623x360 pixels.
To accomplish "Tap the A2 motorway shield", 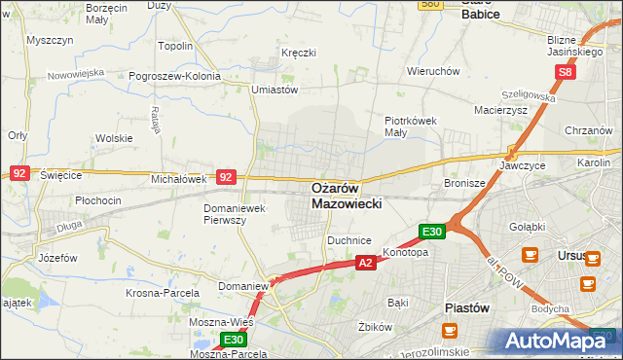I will point(365,263).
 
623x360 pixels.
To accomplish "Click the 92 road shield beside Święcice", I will point(19,172).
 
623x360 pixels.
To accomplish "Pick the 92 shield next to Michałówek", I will point(226,177).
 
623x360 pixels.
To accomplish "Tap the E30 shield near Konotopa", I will point(432,232).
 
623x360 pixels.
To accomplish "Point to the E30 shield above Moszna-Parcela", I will point(233,340).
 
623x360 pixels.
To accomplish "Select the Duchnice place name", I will point(349,238).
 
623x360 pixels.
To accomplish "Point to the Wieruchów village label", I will point(433,71).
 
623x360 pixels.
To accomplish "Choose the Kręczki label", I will point(298,52).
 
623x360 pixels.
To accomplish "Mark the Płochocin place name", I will point(98,200).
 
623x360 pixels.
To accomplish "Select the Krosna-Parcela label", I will point(163,292).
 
